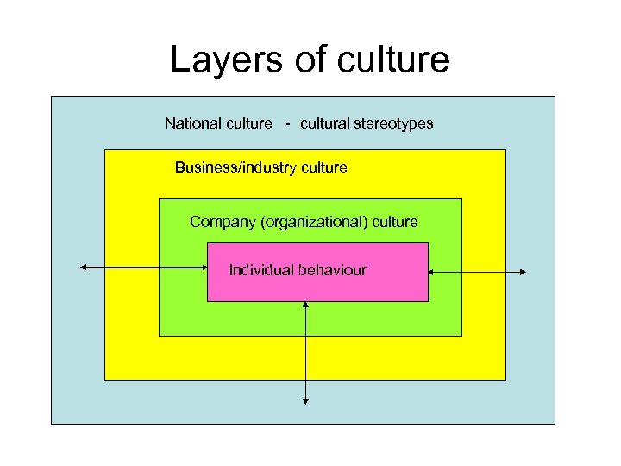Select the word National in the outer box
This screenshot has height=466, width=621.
click(x=191, y=123)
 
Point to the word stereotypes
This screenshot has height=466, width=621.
click(x=395, y=123)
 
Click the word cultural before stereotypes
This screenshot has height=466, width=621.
click(x=325, y=123)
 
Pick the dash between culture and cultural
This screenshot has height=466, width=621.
click(x=288, y=123)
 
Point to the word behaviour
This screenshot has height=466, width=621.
click(x=332, y=270)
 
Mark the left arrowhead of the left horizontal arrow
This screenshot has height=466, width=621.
click(x=84, y=268)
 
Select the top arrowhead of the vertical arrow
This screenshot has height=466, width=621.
click(x=306, y=305)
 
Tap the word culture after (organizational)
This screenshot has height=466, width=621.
click(x=394, y=222)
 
